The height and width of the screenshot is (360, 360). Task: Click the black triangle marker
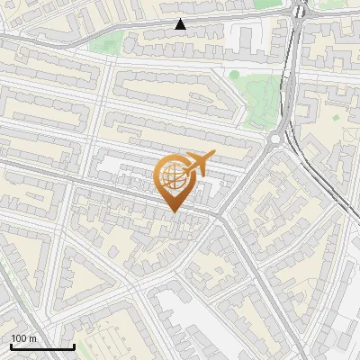tap(181, 24)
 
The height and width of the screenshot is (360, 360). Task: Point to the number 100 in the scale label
tap(20, 338)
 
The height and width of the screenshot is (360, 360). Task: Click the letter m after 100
tap(32, 338)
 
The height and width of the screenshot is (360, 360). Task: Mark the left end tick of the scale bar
tap(11, 346)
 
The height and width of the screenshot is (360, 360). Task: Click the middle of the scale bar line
tap(42, 347)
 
